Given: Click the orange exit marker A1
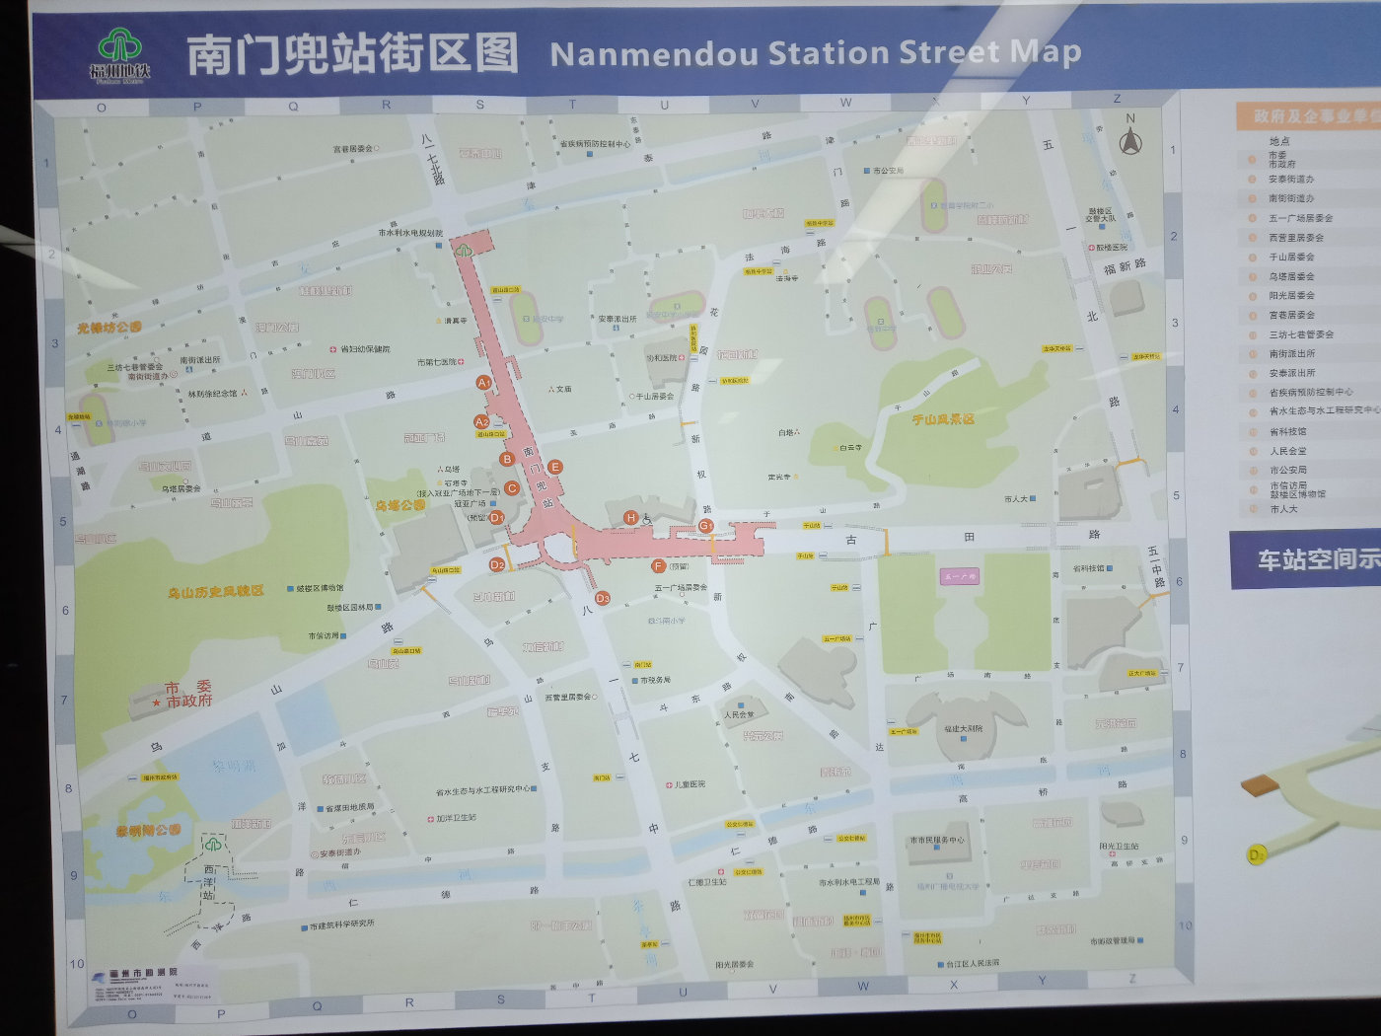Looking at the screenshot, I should click(483, 382).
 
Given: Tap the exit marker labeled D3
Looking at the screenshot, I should click(602, 598).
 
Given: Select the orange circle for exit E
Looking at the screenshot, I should click(554, 467).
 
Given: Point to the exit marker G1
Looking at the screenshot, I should click(706, 526).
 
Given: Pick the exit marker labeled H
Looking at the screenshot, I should click(631, 517).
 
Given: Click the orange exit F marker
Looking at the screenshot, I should click(658, 566).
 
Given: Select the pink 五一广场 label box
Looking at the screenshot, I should click(959, 576).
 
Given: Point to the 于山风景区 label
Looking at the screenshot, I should click(943, 419).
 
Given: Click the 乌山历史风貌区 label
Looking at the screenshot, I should click(216, 591).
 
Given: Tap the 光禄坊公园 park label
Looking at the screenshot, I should click(109, 327).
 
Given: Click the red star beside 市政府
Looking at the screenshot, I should click(157, 703).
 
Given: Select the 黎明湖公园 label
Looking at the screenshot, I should click(148, 831).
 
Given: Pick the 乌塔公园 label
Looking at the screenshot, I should click(400, 505).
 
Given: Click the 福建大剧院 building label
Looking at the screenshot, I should click(963, 728).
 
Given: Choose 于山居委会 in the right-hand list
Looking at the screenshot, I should click(1291, 257).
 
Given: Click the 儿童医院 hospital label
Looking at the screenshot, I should click(690, 784).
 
